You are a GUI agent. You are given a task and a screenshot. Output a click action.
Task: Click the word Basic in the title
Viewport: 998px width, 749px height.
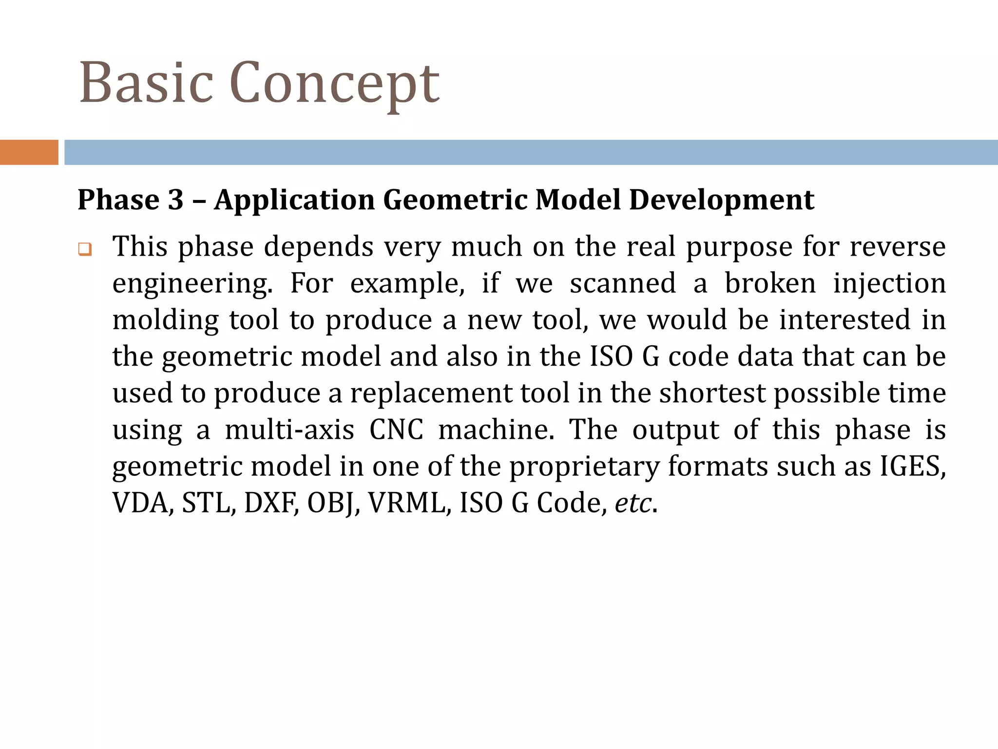pos(146,83)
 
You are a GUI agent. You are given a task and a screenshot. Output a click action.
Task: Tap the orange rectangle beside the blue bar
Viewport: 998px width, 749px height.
pos(29,152)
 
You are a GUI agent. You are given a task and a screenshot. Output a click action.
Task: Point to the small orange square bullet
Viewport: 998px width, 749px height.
pos(85,250)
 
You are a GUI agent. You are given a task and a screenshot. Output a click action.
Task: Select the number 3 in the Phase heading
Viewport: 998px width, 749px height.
pos(175,199)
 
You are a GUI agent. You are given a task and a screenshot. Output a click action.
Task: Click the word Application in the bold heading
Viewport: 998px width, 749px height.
pos(294,200)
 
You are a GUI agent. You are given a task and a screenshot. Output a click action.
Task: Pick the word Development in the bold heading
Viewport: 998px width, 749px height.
pos(721,200)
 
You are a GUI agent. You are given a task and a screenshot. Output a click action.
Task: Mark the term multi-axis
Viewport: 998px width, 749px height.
pos(289,430)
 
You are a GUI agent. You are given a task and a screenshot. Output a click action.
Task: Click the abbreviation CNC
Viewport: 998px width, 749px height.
pos(396,430)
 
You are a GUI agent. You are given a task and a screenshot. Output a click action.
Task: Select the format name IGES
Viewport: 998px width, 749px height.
pos(912,466)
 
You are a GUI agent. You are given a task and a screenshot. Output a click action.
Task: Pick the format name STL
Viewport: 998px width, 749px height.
pos(209,503)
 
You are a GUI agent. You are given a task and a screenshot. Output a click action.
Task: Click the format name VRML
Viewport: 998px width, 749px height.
pos(406,503)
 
